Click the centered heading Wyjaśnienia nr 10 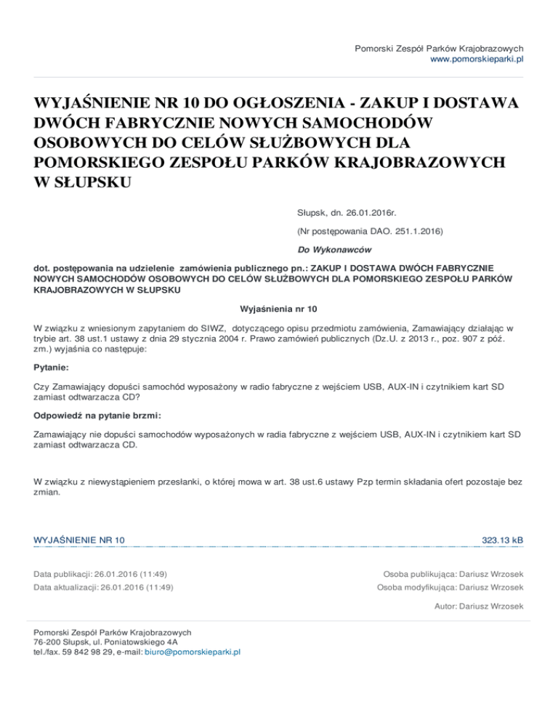pyautogui.click(x=278, y=307)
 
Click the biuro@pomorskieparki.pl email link pyautogui.click(x=193, y=652)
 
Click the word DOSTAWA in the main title pyautogui.click(x=474, y=102)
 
